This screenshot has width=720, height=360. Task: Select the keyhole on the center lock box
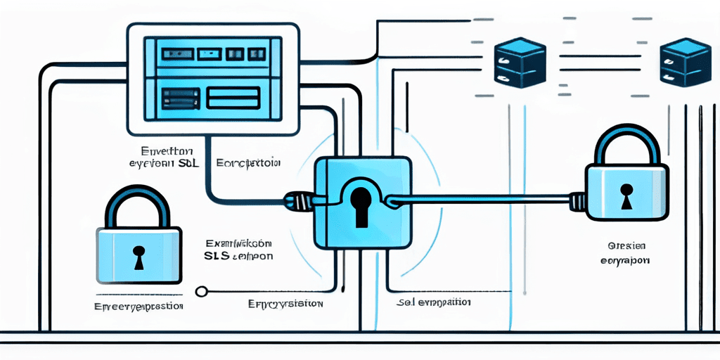[361, 205]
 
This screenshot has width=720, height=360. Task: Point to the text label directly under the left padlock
[139, 307]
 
